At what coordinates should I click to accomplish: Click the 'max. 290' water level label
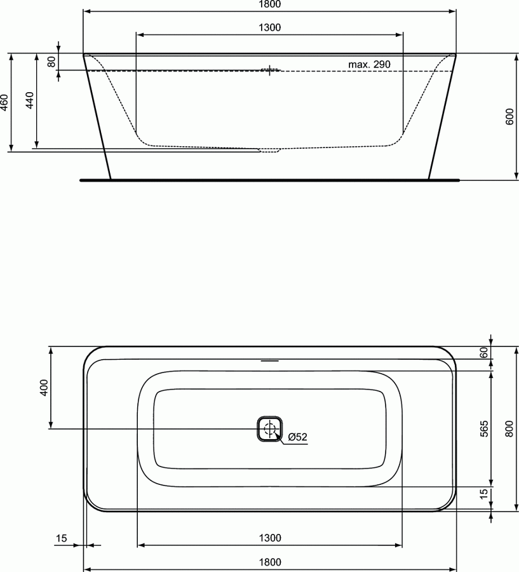coord(368,64)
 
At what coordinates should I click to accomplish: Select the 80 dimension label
coord(51,62)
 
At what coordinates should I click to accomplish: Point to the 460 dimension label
coord(4,102)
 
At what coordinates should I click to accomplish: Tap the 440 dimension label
coord(29,101)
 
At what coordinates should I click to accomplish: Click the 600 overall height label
coord(509,116)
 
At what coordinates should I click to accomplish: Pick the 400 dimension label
coord(43,388)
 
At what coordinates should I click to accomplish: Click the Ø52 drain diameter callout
coord(297,437)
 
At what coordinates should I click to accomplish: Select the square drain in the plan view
coord(269,429)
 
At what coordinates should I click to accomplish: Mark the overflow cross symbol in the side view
coord(269,70)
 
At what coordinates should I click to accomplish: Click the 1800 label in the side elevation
coord(270,4)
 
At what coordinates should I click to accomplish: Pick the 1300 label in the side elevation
coord(270,27)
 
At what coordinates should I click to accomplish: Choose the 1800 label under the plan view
coord(270,562)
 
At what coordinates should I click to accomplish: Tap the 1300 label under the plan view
coord(270,538)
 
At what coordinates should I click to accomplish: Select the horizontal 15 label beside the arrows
coord(61,538)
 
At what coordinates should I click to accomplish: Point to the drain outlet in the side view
coord(269,150)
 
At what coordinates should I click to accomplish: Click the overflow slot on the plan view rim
coord(269,361)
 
